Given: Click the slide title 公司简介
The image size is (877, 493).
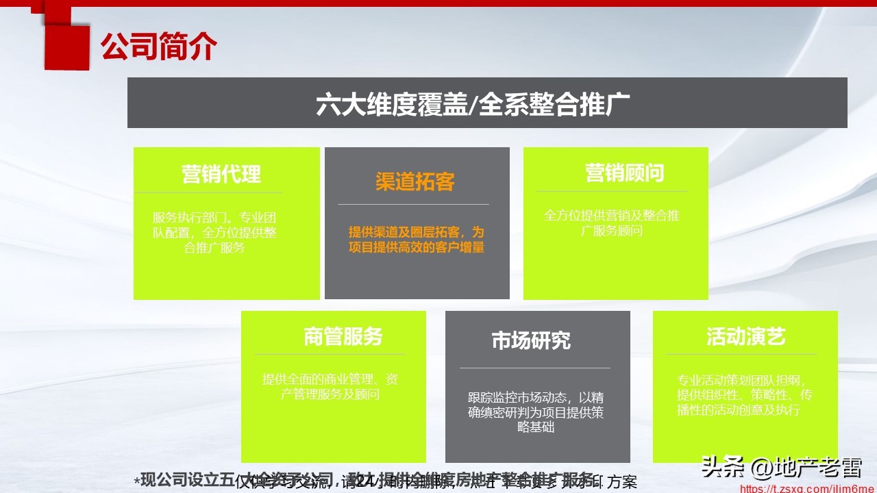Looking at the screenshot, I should click(x=159, y=47).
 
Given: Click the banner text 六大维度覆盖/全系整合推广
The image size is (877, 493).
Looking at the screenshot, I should click(x=473, y=104).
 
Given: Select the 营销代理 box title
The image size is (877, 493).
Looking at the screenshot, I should click(x=221, y=174).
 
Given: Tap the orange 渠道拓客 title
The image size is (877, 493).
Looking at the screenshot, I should click(x=415, y=182).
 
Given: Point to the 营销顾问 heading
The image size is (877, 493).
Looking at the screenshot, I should click(x=624, y=173).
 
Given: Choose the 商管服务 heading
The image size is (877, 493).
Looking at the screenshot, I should click(x=343, y=337).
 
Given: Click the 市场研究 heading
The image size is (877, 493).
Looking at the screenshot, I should click(x=531, y=340).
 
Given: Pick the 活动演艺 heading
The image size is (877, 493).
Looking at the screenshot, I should click(x=746, y=337).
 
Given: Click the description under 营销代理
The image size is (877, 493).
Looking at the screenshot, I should click(x=214, y=233).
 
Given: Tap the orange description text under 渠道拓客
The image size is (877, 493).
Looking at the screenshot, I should click(x=416, y=240).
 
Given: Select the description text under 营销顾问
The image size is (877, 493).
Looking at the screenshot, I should click(x=612, y=223).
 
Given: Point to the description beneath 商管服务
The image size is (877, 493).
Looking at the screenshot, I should click(x=330, y=387).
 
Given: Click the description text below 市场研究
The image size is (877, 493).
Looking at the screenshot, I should click(x=536, y=412).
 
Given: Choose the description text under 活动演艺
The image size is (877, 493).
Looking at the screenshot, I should click(x=744, y=395).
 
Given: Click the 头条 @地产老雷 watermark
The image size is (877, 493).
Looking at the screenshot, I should click(x=780, y=469).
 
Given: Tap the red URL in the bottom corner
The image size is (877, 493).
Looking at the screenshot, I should click(x=808, y=488).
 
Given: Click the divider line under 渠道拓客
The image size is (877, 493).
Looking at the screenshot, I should click(x=413, y=204).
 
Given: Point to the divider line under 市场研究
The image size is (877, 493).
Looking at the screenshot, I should click(x=534, y=368).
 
